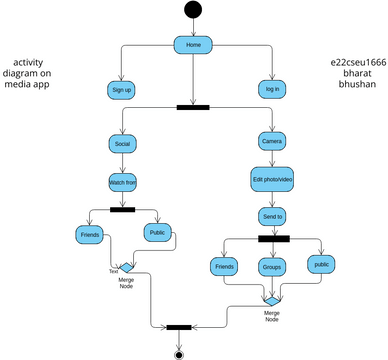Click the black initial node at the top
click(193, 11)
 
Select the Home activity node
click(193, 45)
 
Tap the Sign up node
click(121, 89)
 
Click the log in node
click(272, 89)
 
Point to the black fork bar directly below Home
click(192, 107)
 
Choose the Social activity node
click(122, 143)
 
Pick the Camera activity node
click(272, 141)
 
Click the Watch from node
click(122, 182)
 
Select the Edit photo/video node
click(272, 179)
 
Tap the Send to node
click(272, 215)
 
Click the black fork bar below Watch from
click(122, 209)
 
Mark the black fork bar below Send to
click(273, 238)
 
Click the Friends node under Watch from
click(89, 234)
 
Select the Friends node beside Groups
click(224, 267)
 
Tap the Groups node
click(272, 267)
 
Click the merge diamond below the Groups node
click(272, 298)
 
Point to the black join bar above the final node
click(179, 326)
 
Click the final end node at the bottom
click(179, 353)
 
